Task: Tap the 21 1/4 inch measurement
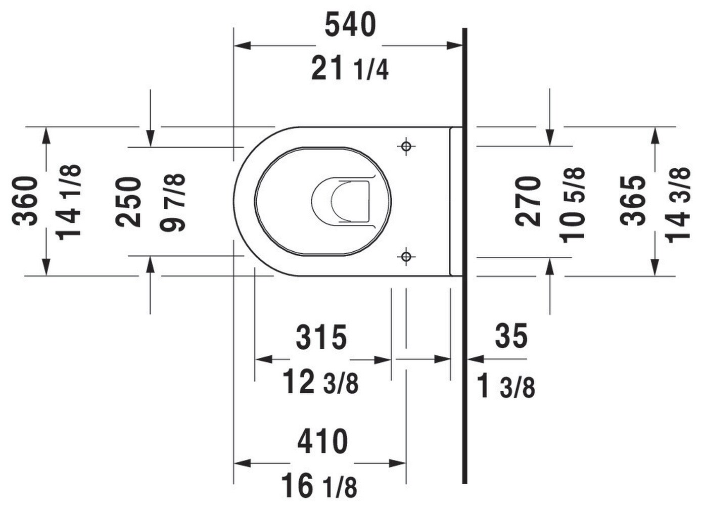tap(350, 68)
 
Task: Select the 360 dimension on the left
tap(25, 201)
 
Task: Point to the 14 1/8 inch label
tap(69, 203)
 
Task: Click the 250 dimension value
tap(128, 202)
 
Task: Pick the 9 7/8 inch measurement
tap(172, 203)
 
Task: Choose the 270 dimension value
tap(528, 201)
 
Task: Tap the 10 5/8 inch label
tap(573, 205)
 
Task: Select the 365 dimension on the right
tap(633, 201)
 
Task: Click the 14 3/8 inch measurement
tap(678, 205)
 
